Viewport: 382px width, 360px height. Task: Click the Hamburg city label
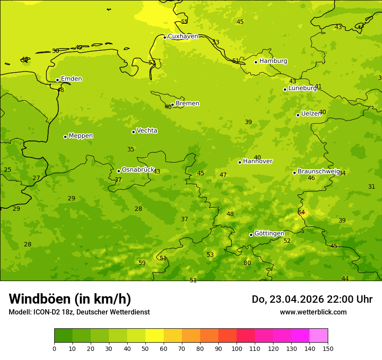273,61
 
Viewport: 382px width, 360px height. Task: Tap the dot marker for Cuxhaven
165,37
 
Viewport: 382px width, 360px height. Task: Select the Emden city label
71,79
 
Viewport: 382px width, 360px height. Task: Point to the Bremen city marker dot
172,105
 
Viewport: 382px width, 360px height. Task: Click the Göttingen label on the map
269,234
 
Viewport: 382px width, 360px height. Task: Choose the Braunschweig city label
318,172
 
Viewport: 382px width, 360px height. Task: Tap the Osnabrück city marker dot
119,171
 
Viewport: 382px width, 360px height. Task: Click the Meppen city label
81,136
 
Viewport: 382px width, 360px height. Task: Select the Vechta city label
147,131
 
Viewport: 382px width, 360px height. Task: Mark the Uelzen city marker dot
298,115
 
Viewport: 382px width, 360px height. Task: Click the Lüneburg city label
303,88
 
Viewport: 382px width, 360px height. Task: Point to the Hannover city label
257,161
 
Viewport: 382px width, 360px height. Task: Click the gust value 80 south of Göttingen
247,263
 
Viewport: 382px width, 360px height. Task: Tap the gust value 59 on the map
142,263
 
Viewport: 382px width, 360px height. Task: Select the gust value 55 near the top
184,22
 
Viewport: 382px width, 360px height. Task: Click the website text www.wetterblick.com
313,312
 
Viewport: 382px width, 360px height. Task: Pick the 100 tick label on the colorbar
237,348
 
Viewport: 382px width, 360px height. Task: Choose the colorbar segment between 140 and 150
319,336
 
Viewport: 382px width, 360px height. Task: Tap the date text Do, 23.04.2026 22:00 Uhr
312,299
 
